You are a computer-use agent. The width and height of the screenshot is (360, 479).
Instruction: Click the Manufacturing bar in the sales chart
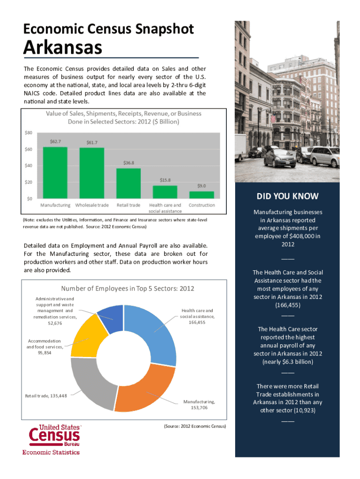(x=55, y=173)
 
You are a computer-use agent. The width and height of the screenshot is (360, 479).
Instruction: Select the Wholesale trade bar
(x=92, y=173)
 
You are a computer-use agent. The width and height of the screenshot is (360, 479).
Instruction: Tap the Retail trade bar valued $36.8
(x=129, y=183)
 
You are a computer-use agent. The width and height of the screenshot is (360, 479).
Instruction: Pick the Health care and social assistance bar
(x=165, y=192)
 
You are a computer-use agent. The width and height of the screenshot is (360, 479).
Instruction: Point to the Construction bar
(x=202, y=195)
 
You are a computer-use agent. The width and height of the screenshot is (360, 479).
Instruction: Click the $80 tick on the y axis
(x=29, y=132)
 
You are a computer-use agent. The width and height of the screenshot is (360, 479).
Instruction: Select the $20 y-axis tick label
(x=29, y=182)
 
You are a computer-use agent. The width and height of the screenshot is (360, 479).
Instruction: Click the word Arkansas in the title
(x=63, y=47)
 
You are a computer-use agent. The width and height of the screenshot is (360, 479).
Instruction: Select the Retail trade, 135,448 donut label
(x=46, y=396)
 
